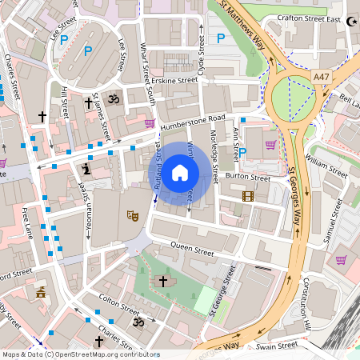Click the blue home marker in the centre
tap(180, 173)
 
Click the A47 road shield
tap(322, 76)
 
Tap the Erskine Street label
tap(175, 81)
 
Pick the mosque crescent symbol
tap(353, 17)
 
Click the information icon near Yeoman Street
tap(86, 170)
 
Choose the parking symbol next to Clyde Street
tap(221, 38)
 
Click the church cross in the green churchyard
tap(164, 282)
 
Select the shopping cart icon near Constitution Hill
tap(342, 259)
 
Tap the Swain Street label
tap(278, 346)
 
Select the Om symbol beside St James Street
tap(113, 100)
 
